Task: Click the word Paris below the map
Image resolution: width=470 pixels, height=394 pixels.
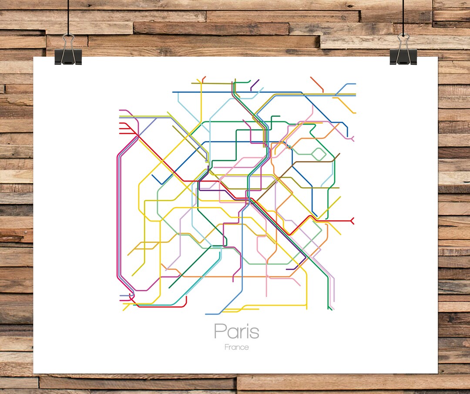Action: pyautogui.click(x=236, y=332)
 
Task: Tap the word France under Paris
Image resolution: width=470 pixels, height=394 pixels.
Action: pyautogui.click(x=237, y=347)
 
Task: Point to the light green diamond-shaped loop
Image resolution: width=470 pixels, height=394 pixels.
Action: pyautogui.click(x=318, y=154)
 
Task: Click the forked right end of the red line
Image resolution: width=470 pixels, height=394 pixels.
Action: pyautogui.click(x=352, y=221)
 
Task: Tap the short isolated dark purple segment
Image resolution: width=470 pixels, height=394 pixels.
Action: pyautogui.click(x=255, y=84)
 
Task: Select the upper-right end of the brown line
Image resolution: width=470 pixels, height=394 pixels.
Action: pyautogui.click(x=339, y=154)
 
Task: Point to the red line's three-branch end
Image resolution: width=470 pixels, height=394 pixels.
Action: pyautogui.click(x=121, y=128)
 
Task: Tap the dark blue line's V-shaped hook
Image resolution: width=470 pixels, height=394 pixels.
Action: pyautogui.click(x=161, y=183)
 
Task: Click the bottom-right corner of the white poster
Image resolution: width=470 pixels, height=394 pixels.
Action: pyautogui.click(x=437, y=373)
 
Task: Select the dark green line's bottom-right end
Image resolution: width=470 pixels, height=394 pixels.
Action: pyautogui.click(x=331, y=310)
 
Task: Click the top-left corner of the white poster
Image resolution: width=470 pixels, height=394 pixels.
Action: pyautogui.click(x=34, y=57)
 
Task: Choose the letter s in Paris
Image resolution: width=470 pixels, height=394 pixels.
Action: pyautogui.click(x=254, y=333)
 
